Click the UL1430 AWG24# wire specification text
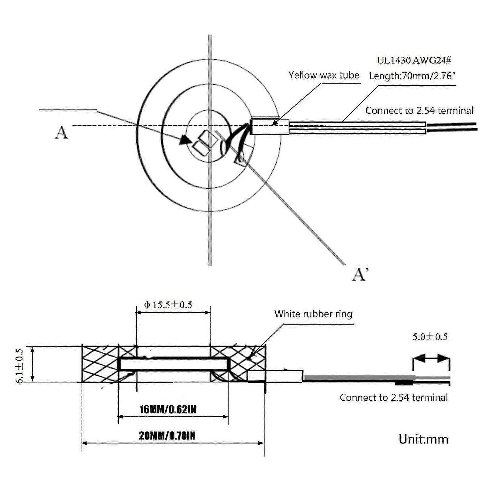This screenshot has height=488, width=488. point(414,60)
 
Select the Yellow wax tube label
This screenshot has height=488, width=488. point(324,75)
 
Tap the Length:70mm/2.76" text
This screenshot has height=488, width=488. point(412,76)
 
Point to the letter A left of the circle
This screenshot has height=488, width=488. point(61,133)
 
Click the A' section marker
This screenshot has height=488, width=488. point(360,274)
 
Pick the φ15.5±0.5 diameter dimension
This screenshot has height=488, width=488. point(168,305)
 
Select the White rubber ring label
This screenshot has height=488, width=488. point(313,314)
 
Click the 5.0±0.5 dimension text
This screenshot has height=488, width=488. point(430,337)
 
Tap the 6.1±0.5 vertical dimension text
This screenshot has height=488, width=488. point(20,365)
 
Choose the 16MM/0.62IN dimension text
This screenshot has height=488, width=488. point(168,410)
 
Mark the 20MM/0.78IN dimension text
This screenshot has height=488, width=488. point(167,436)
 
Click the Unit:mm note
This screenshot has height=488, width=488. point(423,440)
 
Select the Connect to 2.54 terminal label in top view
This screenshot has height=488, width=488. point(419,110)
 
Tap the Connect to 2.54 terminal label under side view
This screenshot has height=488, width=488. point(394,397)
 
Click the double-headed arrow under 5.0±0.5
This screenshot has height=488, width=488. point(431,359)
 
